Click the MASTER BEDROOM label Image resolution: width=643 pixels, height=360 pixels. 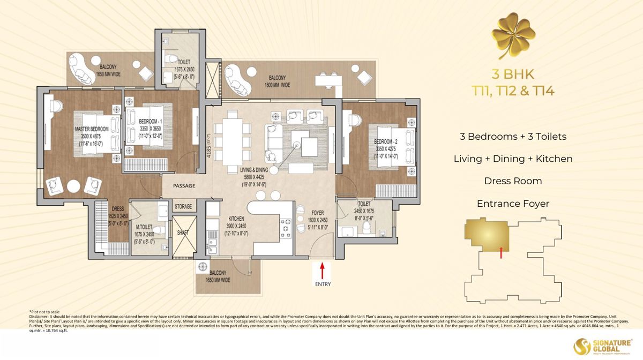(92, 129)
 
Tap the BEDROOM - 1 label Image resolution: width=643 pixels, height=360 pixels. (143, 122)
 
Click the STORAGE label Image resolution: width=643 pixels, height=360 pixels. (183, 206)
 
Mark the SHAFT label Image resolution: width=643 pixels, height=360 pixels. (183, 232)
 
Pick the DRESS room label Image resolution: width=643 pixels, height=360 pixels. (118, 209)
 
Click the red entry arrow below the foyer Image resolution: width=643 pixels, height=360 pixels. (323, 267)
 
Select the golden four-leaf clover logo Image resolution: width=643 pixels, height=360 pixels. (513, 37)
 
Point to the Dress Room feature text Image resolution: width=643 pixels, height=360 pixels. (513, 181)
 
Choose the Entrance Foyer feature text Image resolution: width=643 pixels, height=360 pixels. (513, 204)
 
